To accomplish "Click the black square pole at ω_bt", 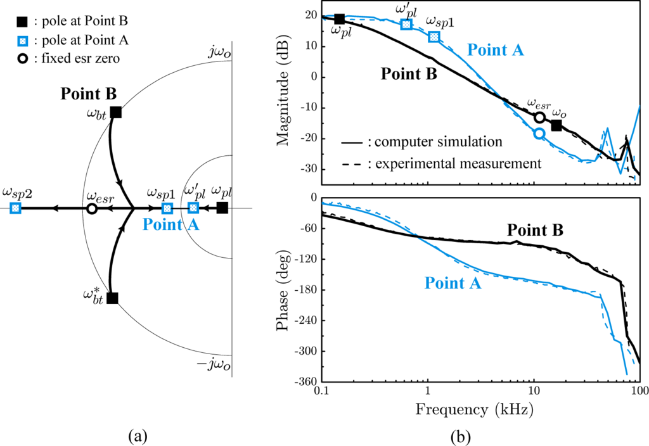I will point(115,112).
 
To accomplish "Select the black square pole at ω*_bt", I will point(112,298).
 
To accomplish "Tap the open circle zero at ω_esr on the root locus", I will point(91,208).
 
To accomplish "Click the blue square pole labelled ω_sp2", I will point(16,208).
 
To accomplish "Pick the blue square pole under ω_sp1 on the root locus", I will point(167,208).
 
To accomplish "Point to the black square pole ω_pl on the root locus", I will point(222,208).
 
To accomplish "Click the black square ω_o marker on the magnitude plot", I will point(556,125).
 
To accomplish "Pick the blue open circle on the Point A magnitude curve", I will point(539,133).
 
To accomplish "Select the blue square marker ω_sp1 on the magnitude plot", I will point(434,37).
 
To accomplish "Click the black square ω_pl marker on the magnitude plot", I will point(339,19).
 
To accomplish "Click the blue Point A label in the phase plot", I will point(453,283).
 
